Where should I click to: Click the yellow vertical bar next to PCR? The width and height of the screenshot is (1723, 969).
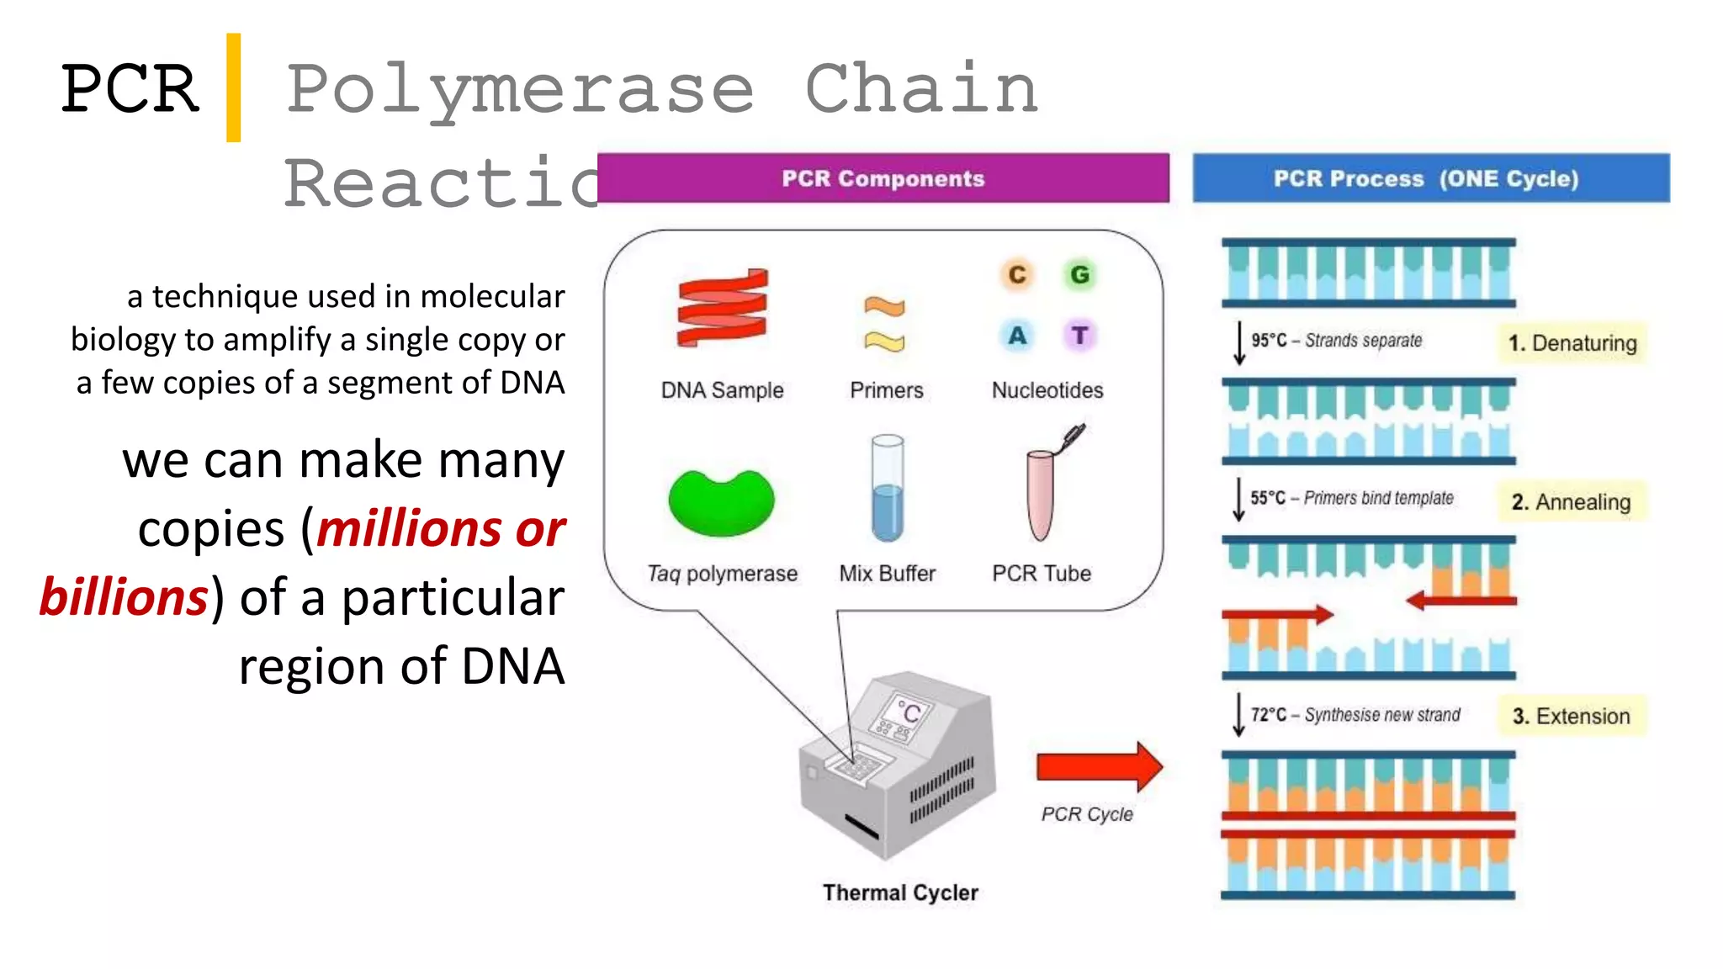[233, 87]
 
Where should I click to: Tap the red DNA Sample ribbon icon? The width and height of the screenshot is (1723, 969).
[722, 308]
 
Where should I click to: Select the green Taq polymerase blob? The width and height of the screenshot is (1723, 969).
[721, 502]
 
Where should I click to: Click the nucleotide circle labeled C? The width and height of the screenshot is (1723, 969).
[1017, 275]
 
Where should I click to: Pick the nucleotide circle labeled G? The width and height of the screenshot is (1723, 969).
[1079, 275]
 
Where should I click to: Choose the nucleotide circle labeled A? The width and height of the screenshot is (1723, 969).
[1017, 336]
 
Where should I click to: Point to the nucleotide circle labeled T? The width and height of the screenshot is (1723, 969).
[1079, 336]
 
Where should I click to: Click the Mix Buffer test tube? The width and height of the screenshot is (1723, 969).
[888, 489]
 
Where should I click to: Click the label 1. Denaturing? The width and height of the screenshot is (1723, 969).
[1572, 343]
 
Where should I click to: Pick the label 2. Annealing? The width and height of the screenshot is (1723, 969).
[1571, 502]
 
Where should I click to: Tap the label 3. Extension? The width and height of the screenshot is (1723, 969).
[1571, 717]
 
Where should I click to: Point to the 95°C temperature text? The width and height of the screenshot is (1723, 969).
[1269, 341]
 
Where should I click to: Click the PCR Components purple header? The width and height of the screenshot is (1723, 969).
[883, 178]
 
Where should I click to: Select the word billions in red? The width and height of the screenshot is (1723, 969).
[124, 598]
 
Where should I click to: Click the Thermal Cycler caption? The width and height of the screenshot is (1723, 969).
[900, 892]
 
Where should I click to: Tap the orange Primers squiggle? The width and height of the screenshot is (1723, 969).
[884, 306]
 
